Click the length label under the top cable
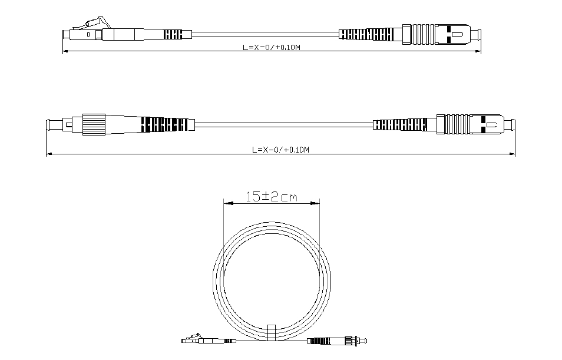[x=272, y=47]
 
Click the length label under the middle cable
[x=280, y=150]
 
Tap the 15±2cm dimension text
[x=272, y=196]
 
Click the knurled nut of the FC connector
[x=94, y=124]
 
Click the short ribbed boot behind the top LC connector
[x=173, y=34]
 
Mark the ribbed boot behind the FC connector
[x=164, y=124]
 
